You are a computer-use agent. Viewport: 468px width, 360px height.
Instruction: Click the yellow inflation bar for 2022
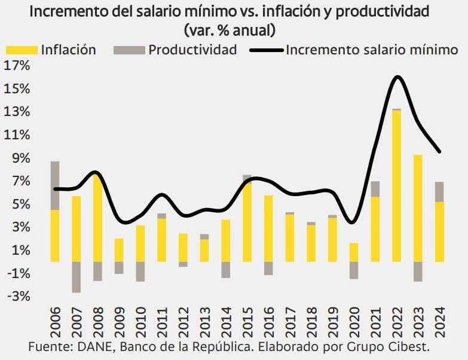396,185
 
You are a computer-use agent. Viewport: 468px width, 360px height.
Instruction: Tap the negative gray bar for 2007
76,277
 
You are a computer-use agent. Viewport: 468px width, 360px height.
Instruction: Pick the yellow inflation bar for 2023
418,208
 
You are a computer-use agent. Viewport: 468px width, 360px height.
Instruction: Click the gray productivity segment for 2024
439,192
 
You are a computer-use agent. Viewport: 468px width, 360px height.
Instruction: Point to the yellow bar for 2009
119,250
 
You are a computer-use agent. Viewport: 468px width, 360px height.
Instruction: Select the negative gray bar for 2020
354,270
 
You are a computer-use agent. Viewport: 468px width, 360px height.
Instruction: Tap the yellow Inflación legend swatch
21,50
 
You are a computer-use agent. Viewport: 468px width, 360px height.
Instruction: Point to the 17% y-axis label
16,66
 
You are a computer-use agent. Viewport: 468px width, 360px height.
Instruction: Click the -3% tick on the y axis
16,296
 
